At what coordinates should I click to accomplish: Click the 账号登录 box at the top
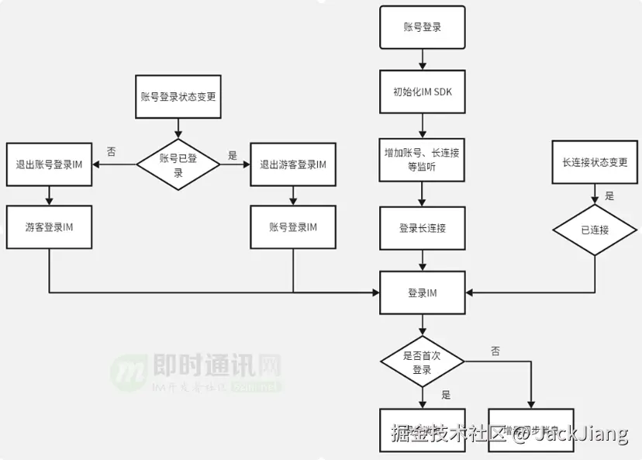coord(422,26)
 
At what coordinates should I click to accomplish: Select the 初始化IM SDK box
coord(422,92)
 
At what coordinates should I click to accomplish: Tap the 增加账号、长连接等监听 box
coord(422,160)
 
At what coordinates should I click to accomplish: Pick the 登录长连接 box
coord(422,228)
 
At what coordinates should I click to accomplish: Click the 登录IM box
coord(422,292)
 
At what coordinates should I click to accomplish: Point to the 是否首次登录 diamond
coord(422,362)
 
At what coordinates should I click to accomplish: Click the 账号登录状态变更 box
coord(178,97)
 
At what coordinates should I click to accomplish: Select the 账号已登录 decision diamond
coord(178,164)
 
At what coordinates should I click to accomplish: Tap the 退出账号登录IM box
coord(49,164)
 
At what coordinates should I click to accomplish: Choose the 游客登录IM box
coord(49,227)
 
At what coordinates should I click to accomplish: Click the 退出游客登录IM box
coord(293,164)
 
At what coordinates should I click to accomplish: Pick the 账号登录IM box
coord(293,227)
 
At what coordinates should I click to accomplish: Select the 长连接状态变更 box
coord(595,162)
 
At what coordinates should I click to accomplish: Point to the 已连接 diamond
coord(595,230)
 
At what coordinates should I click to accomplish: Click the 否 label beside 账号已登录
coord(112,152)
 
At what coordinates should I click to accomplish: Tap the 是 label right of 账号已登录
coord(233,155)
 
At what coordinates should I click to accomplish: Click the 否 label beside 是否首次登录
coord(495,351)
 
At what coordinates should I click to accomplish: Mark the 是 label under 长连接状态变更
coord(609,196)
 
